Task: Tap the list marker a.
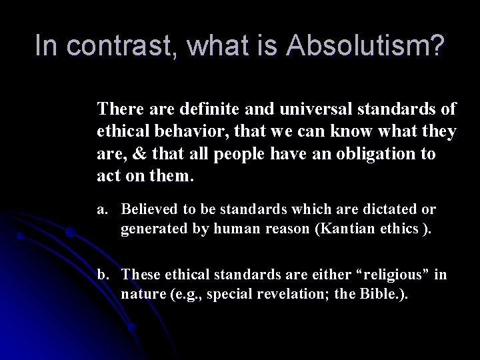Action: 102,209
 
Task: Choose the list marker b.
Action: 103,275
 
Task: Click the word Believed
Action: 151,209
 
